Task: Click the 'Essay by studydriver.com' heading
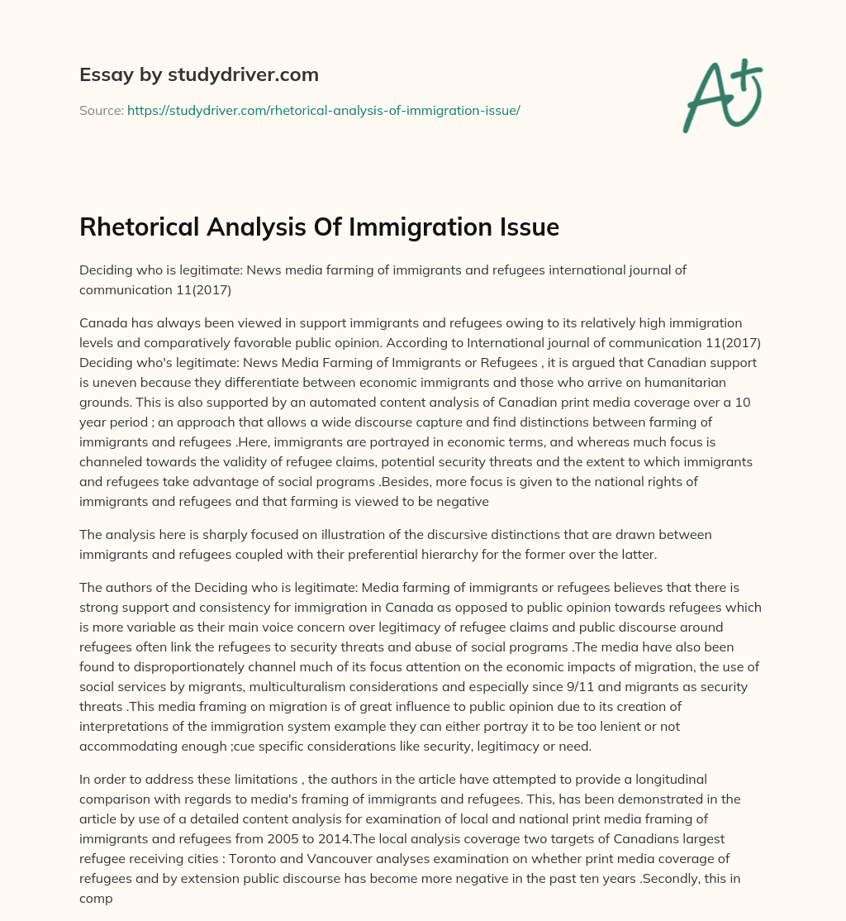tap(198, 75)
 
